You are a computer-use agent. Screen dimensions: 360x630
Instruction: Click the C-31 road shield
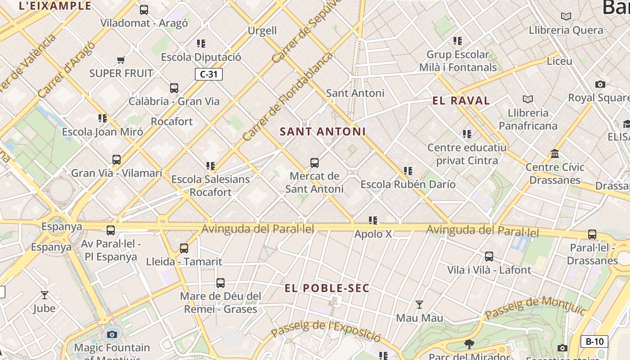209,74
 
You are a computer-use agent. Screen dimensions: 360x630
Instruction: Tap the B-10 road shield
594,342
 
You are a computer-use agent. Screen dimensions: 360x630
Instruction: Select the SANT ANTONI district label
323,132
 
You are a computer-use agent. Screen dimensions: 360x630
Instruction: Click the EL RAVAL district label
461,101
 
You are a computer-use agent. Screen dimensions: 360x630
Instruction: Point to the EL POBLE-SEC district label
327,288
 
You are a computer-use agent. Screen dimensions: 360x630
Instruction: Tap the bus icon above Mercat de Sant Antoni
315,162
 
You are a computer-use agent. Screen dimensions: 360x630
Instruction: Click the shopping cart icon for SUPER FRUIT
121,60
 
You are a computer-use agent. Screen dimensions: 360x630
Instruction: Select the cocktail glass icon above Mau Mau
419,305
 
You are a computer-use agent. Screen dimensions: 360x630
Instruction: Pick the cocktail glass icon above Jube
45,295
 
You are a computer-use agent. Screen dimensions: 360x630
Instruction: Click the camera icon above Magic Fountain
112,334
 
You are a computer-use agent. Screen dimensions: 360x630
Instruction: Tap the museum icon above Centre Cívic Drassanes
555,154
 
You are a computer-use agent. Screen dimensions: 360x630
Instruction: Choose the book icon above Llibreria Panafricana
528,99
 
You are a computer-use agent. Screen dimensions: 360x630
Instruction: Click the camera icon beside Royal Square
600,84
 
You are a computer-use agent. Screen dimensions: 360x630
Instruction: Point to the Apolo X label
373,234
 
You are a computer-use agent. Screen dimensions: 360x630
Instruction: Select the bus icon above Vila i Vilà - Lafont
489,256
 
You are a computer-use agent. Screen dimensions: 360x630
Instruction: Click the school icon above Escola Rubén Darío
408,171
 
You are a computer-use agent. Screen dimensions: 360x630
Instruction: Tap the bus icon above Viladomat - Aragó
144,9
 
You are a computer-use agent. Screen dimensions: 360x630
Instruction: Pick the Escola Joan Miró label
103,132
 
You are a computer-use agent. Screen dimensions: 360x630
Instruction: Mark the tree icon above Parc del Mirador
469,344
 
